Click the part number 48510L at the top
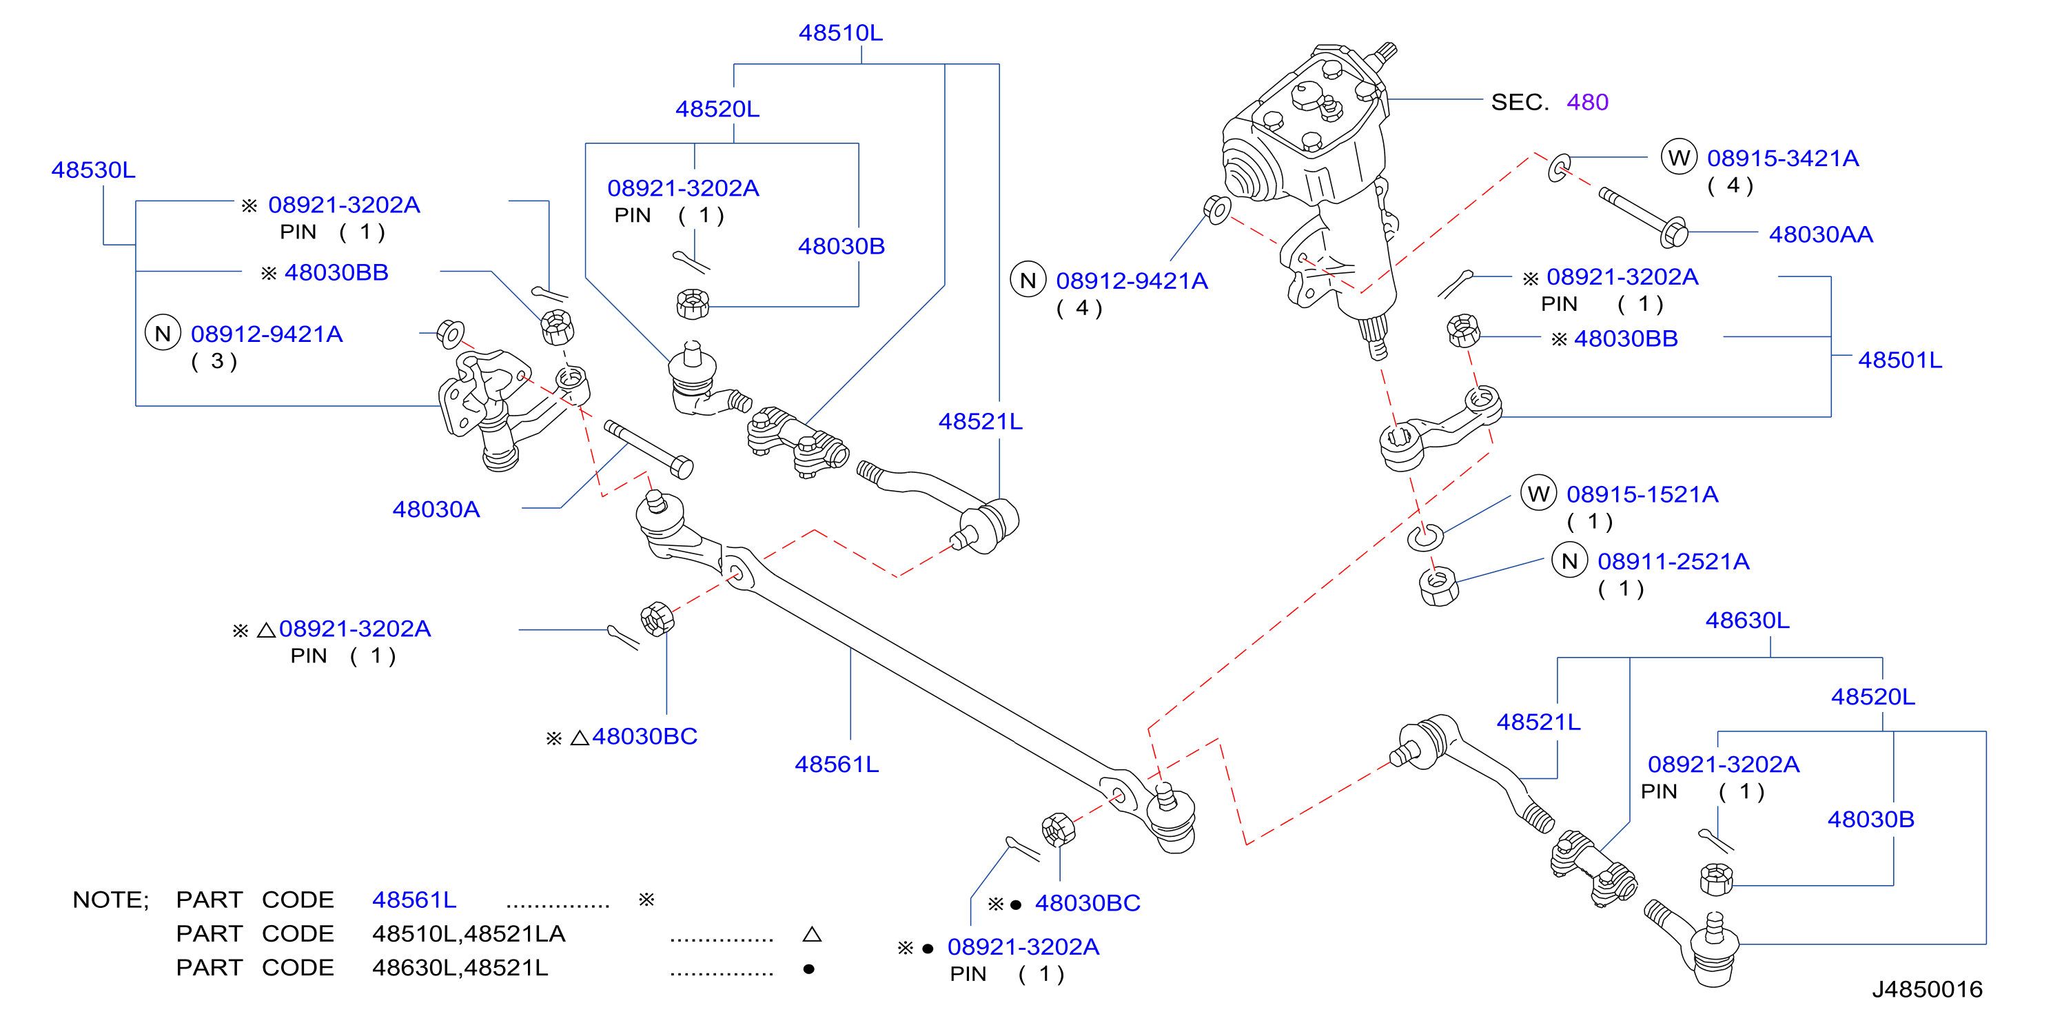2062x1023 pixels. coord(841,33)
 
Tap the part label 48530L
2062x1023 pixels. coord(94,170)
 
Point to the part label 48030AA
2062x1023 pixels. coord(1821,234)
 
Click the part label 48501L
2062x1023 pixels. coord(1900,361)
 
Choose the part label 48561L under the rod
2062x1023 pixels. coord(837,764)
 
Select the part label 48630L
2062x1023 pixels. coord(1748,620)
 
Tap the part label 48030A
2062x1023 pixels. coord(436,509)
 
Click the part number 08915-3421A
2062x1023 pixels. coord(1783,159)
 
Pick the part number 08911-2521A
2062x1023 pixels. coord(1674,562)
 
